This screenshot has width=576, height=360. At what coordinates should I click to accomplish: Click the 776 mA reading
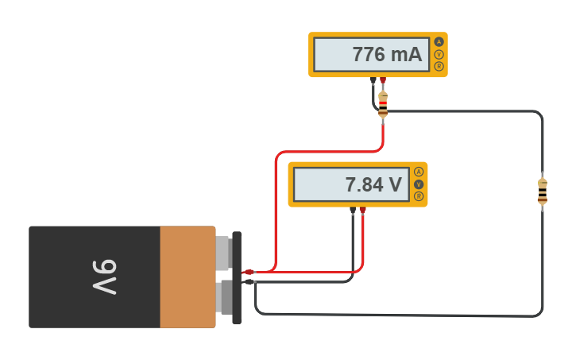coord(387,55)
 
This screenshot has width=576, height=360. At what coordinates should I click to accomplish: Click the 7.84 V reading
coord(373,185)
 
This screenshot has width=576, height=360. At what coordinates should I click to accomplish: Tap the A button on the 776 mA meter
coord(439,42)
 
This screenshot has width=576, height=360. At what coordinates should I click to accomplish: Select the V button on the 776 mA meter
coord(439,54)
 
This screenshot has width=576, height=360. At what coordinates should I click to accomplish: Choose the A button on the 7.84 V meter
coord(419,172)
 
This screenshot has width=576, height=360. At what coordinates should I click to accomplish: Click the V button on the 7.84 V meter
coord(419,184)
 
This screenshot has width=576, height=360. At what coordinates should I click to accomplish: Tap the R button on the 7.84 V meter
coord(419,196)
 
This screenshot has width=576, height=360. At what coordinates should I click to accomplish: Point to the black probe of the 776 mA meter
coord(373,80)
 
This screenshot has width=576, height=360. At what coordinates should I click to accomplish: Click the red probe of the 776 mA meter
coord(383,80)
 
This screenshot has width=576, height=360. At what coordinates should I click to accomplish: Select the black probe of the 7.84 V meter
coord(353,211)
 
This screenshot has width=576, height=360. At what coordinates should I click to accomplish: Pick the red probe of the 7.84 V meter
coord(363,211)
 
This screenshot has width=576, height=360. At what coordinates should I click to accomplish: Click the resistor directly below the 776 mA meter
coord(383,104)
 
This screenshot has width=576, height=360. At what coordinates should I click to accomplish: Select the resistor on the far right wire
coord(543,191)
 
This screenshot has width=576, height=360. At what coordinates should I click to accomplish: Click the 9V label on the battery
coord(103,277)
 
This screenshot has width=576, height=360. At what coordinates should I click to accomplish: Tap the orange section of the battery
coord(187,277)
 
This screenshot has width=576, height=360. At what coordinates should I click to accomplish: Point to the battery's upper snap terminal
coord(223,253)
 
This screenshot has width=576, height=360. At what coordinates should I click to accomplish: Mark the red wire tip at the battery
coord(249,272)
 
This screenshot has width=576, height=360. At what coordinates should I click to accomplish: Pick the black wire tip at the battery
coord(249,281)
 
